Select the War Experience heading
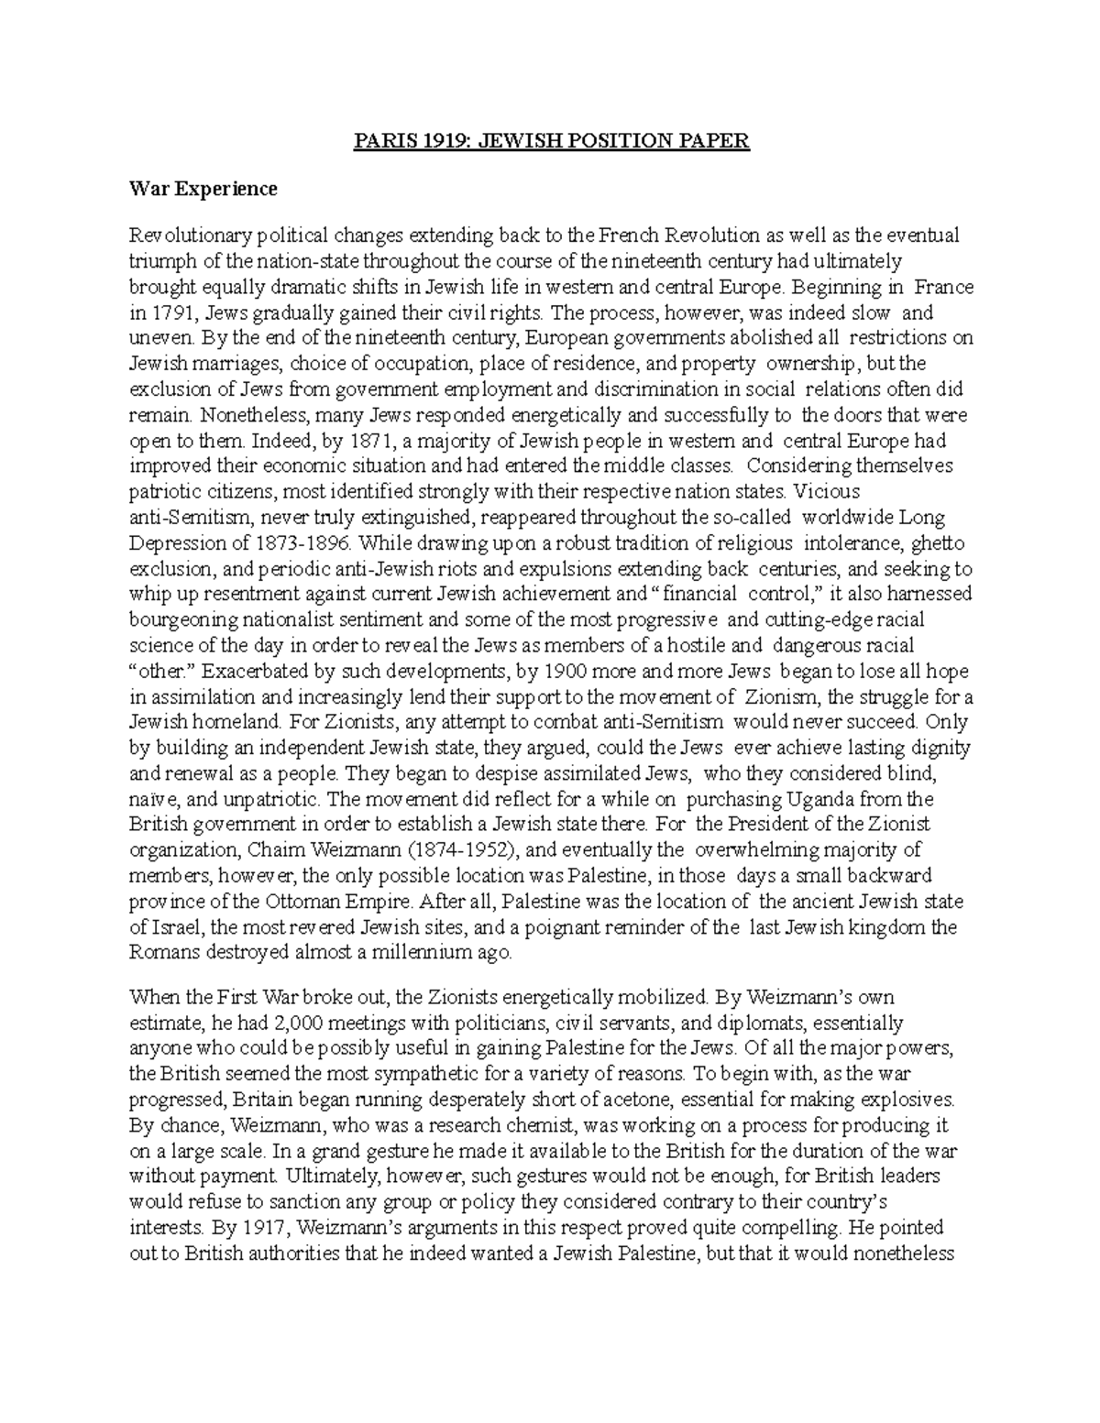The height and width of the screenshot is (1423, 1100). point(203,189)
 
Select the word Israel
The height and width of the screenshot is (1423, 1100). point(174,927)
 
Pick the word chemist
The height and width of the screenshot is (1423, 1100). point(544,1125)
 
